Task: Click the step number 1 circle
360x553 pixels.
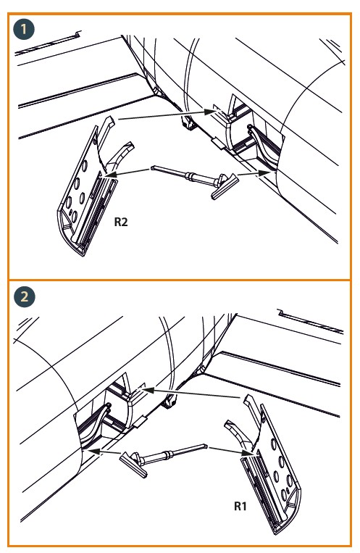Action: coord(24,29)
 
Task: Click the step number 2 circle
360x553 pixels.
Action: coord(25,296)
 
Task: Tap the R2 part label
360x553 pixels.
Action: coord(121,222)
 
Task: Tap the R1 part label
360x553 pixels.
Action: coord(240,506)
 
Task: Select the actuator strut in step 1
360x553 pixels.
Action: coord(195,179)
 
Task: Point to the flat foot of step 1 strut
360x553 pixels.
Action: coord(225,186)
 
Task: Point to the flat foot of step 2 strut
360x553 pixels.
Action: coord(133,465)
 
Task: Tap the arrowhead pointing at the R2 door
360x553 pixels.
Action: coord(110,174)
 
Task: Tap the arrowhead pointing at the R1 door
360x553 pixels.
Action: coord(248,452)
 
